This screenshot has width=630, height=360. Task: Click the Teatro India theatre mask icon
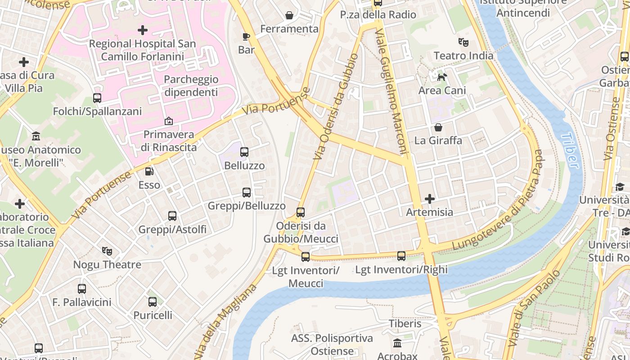click(x=463, y=42)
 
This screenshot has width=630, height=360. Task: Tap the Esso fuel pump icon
click(x=149, y=171)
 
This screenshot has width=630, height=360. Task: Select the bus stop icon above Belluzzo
click(x=244, y=152)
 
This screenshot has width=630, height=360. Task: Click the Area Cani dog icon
click(x=442, y=77)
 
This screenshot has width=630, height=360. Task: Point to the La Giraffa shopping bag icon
click(x=438, y=127)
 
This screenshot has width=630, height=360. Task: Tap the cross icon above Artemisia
click(x=430, y=198)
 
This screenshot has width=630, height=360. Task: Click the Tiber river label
click(x=571, y=150)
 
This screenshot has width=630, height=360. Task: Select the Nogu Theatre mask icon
click(x=107, y=251)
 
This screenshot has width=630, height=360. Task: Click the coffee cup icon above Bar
click(x=246, y=36)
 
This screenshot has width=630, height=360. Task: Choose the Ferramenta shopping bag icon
click(x=289, y=15)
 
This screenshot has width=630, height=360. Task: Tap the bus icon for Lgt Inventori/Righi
click(x=401, y=256)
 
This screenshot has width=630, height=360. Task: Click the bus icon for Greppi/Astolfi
click(x=172, y=216)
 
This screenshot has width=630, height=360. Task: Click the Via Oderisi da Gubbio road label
click(x=336, y=107)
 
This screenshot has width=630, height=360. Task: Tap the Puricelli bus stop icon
click(x=153, y=302)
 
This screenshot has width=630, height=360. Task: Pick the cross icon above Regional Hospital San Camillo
click(x=143, y=30)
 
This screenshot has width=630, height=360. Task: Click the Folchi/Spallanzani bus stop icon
click(x=97, y=98)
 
